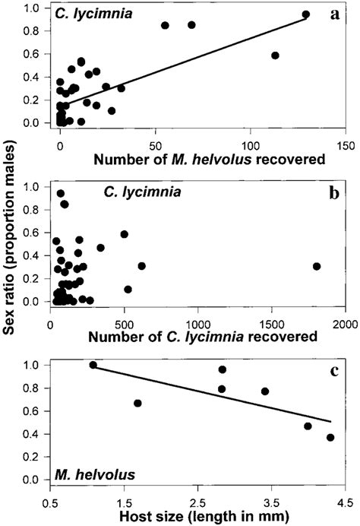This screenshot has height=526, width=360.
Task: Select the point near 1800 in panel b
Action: coord(317,266)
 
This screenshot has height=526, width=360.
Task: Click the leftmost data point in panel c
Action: coord(93,365)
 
